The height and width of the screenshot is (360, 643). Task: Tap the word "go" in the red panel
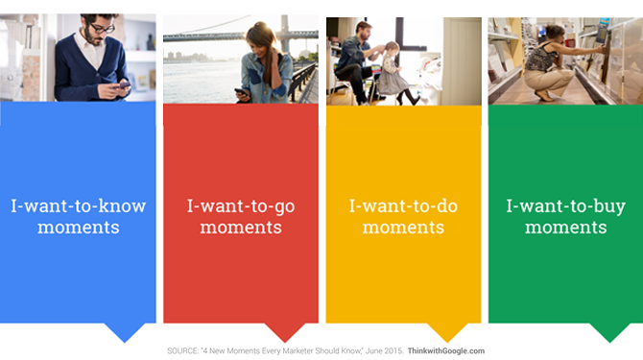click(284, 207)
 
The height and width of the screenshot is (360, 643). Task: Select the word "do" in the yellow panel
click(446, 205)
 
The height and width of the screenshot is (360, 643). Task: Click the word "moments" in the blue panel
click(79, 228)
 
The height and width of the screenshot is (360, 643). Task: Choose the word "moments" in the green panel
click(566, 228)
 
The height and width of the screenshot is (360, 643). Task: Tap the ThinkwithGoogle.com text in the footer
click(446, 351)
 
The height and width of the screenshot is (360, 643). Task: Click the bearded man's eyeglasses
click(102, 28)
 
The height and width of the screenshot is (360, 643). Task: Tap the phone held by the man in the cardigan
click(123, 85)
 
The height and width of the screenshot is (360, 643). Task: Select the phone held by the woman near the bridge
click(241, 92)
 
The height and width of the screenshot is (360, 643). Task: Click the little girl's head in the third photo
click(392, 49)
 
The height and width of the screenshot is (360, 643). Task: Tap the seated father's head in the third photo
click(364, 31)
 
